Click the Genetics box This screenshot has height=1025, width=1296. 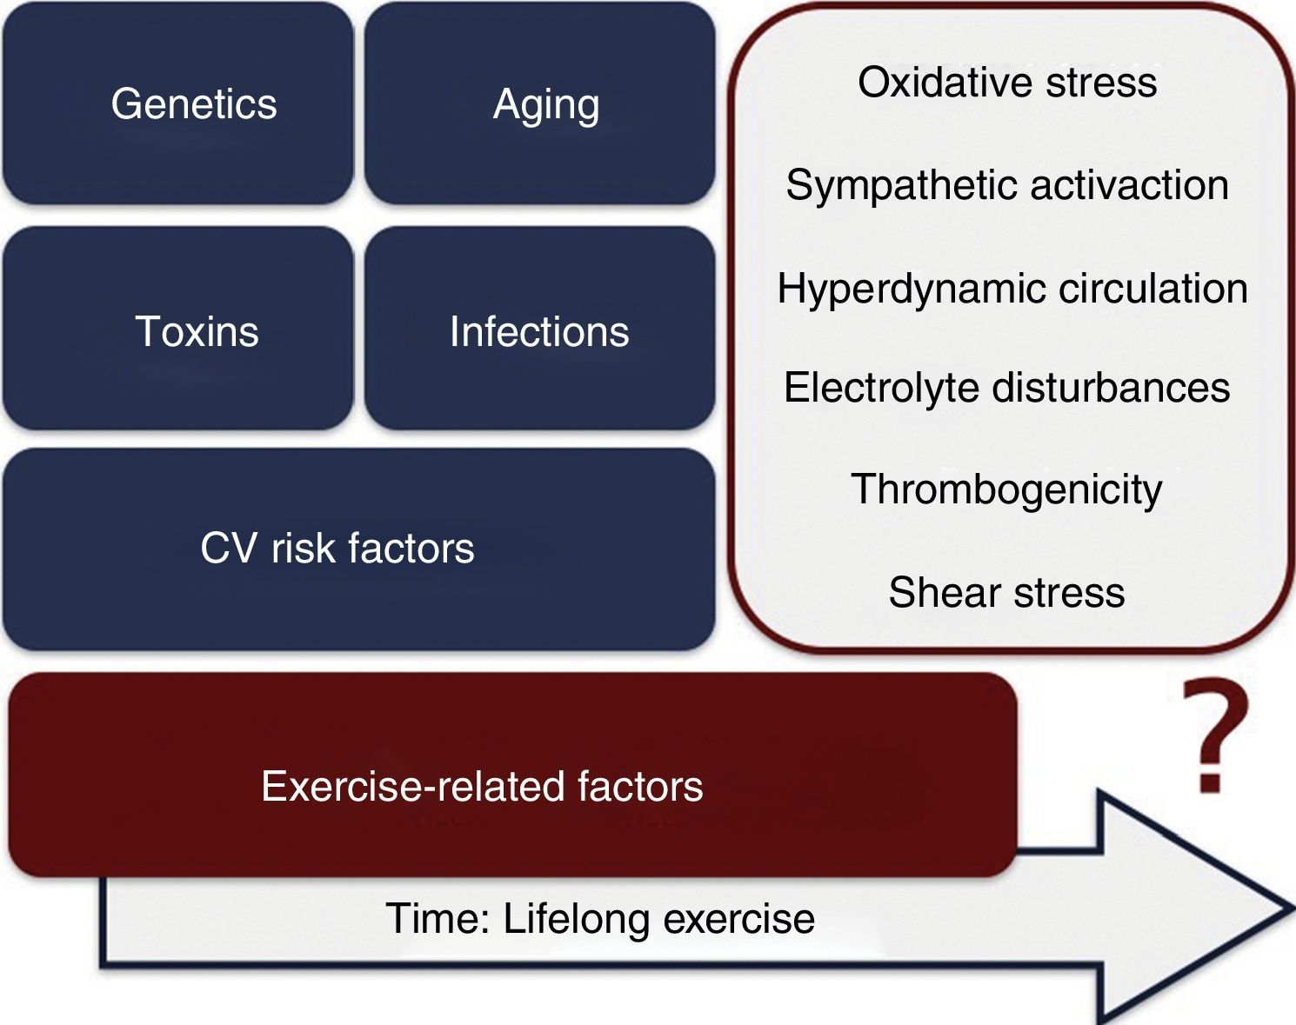(178, 104)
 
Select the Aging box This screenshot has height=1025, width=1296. (540, 104)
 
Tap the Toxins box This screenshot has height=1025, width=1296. (178, 330)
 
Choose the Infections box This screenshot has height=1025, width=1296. (540, 330)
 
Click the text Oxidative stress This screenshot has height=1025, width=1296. (1007, 83)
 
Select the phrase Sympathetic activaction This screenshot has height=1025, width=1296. (1007, 185)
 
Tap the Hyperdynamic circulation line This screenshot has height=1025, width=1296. (1012, 289)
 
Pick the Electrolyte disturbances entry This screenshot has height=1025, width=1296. (1007, 388)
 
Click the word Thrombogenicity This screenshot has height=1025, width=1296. (1006, 489)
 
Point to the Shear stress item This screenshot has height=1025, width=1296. (1006, 593)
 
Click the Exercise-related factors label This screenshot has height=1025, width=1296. (482, 787)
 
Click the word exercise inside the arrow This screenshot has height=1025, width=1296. (738, 919)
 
